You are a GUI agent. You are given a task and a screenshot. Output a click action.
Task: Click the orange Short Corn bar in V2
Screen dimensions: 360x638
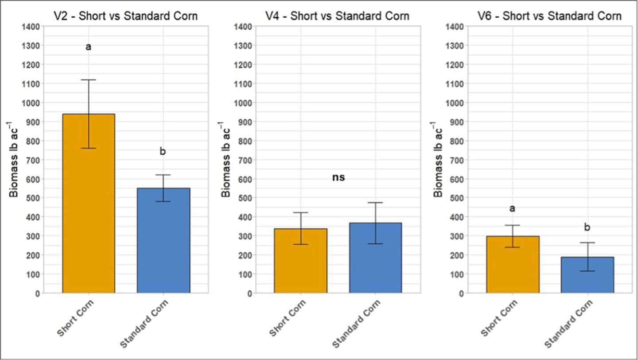(x=89, y=204)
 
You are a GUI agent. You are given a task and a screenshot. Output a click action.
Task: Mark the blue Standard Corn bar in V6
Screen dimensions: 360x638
(x=587, y=275)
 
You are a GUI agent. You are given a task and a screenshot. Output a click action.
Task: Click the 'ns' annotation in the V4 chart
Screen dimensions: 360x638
(x=338, y=178)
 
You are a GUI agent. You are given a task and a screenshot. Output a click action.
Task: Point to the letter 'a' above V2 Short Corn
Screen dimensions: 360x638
(x=88, y=47)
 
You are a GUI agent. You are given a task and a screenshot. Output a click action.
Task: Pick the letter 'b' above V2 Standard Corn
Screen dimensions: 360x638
(x=163, y=152)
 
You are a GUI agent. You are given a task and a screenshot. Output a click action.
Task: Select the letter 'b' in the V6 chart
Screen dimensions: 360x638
(x=587, y=227)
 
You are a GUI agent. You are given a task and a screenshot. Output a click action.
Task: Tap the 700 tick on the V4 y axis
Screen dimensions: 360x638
(x=245, y=160)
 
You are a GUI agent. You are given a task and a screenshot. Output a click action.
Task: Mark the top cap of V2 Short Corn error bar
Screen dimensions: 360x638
(x=88, y=80)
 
